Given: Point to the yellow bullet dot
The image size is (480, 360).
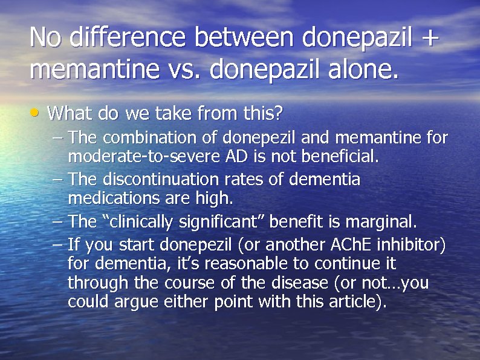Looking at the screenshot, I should (x=37, y=112).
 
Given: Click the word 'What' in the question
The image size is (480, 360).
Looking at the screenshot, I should (x=66, y=113).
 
